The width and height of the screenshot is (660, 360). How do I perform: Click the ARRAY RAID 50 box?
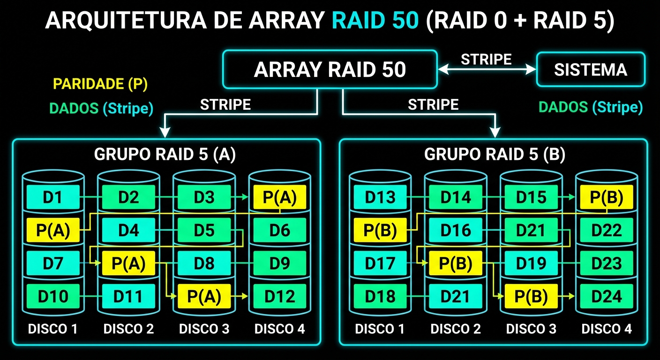click(x=330, y=70)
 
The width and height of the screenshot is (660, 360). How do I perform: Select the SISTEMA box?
click(x=590, y=70)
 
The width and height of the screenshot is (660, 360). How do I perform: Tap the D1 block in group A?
click(x=52, y=197)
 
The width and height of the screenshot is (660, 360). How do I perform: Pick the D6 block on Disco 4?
click(x=279, y=230)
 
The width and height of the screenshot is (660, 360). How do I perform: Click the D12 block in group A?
click(x=279, y=296)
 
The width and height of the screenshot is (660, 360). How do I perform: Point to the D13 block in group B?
click(x=380, y=197)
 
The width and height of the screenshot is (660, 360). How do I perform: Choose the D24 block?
click(x=607, y=296)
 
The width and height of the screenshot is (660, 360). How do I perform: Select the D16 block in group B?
click(x=456, y=230)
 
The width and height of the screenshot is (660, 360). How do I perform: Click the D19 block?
click(x=531, y=263)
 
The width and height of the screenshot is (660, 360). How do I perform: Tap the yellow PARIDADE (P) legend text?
click(x=100, y=84)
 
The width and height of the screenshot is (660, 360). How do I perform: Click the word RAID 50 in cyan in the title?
click(x=375, y=21)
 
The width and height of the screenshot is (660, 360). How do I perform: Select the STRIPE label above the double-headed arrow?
click(x=486, y=60)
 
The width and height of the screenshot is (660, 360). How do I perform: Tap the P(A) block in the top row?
click(x=279, y=197)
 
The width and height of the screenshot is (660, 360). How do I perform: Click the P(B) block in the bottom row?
click(x=531, y=296)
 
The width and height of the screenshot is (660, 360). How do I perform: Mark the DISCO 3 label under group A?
click(x=204, y=329)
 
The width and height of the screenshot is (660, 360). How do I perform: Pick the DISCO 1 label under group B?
click(x=380, y=329)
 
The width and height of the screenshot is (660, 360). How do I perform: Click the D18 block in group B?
click(x=380, y=296)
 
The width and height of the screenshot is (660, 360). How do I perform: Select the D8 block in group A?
click(x=204, y=263)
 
